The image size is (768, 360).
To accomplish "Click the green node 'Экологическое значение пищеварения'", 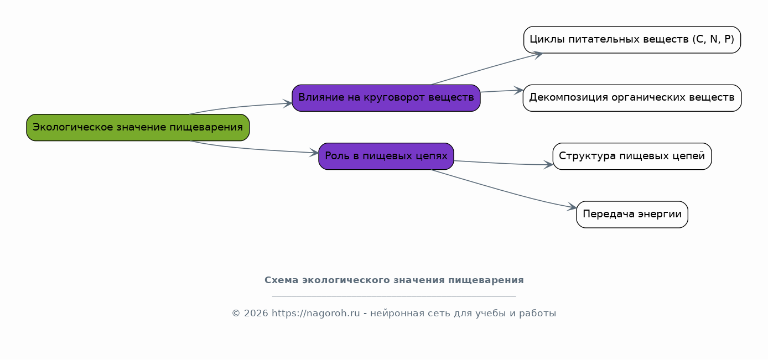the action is point(138,127).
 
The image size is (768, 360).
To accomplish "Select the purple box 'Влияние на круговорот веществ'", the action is point(386,98).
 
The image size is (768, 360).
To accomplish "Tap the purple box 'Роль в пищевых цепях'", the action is point(386,156).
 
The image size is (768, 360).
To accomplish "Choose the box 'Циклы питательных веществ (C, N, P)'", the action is point(632,40).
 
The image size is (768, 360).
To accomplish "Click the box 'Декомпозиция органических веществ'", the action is point(632,98).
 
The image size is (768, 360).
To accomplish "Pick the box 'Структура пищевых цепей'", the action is point(632,156).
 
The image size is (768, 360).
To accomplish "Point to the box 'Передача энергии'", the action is point(632,215).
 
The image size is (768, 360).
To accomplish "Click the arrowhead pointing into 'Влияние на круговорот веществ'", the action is point(288,103).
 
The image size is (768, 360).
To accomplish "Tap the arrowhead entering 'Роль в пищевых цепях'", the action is point(314,153).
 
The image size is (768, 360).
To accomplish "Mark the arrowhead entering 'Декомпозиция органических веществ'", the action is point(518,91).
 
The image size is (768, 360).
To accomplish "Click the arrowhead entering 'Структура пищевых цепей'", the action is point(548,165).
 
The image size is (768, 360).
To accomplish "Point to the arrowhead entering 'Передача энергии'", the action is point(572,207).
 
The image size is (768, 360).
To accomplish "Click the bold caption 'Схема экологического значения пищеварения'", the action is point(394,280).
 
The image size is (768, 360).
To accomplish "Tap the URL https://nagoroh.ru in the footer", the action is point(316,314).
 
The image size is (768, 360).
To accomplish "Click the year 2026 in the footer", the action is point(256,314).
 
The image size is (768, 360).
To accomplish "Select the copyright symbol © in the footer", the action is point(236,314).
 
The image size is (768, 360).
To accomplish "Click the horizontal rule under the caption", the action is point(394,296).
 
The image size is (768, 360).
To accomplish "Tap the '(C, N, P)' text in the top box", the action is point(713,39).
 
